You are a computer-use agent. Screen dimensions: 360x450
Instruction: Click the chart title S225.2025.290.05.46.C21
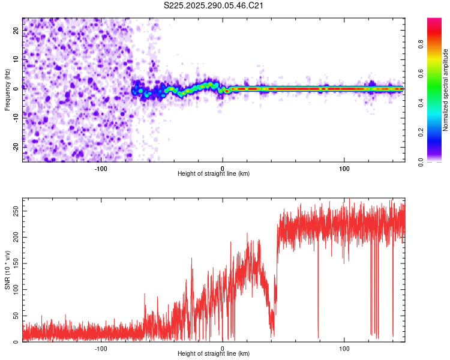[214, 6]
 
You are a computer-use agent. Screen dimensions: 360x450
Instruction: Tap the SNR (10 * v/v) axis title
[7, 270]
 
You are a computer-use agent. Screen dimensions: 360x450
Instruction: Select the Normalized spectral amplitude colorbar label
[446, 90]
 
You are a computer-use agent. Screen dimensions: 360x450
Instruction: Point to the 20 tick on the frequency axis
[16, 31]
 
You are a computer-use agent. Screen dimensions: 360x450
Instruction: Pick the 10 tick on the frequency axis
[16, 60]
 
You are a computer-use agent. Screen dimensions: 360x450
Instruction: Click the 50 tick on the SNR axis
[16, 316]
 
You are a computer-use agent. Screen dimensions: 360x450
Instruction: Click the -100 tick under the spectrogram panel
[101, 168]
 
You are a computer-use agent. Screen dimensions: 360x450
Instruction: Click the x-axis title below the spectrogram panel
[214, 173]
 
